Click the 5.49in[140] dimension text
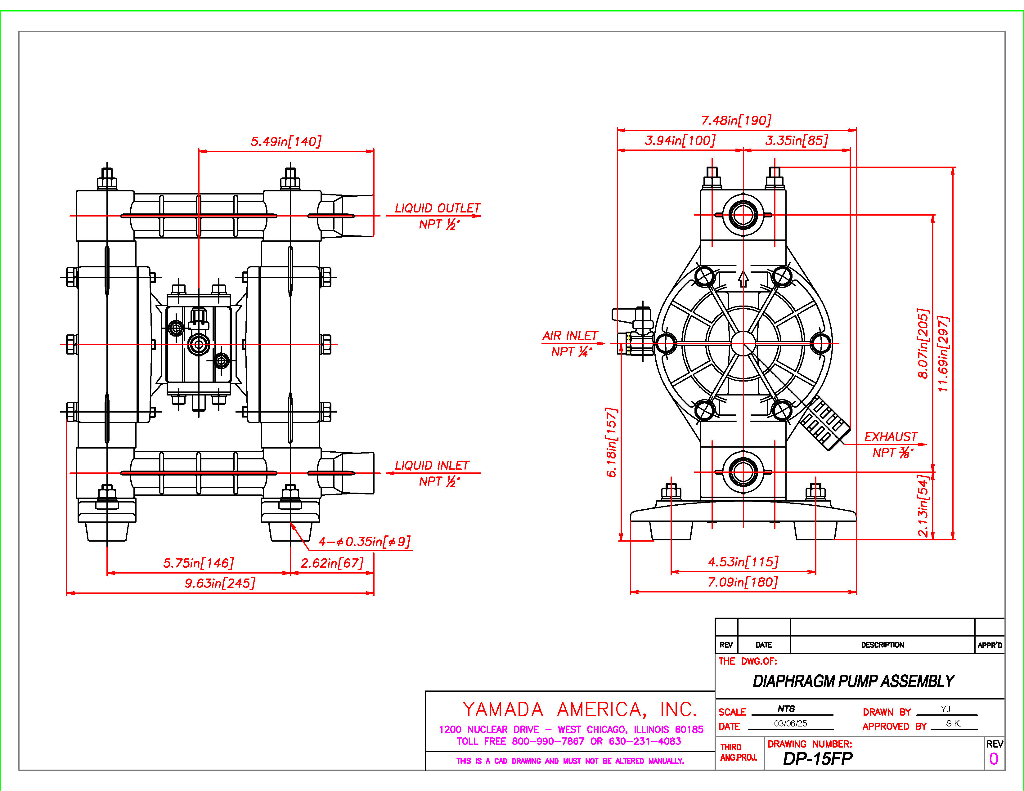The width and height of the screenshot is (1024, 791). point(286,141)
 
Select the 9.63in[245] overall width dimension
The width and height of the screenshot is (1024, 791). point(220,583)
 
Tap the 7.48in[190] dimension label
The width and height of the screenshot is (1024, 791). point(736,120)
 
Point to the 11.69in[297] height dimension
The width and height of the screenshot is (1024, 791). point(943,354)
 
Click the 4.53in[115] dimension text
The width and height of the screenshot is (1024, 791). point(743,562)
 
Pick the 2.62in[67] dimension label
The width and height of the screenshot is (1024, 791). point(332,563)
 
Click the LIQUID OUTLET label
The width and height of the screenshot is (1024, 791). point(438,208)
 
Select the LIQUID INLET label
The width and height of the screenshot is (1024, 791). point(432,465)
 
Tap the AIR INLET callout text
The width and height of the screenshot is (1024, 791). point(570,336)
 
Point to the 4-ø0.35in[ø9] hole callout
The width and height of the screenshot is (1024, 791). point(364,542)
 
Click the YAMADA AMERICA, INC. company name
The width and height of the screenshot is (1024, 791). point(580,709)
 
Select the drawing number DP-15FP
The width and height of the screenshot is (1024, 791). point(818,759)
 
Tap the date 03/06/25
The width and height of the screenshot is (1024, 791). point(791,723)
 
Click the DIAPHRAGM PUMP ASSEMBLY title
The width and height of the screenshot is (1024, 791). point(853,682)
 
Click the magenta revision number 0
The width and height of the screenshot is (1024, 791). point(994,759)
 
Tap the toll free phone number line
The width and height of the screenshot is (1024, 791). point(569,741)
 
